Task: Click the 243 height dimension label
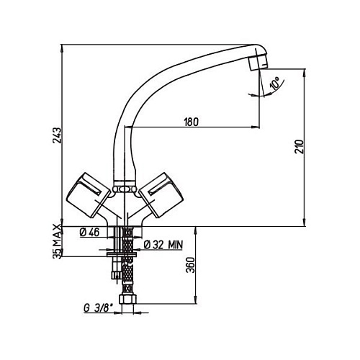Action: point(57,135)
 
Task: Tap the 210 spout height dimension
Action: point(300,146)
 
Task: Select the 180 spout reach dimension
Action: point(192,122)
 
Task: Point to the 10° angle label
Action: point(275,84)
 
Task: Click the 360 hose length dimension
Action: point(191,265)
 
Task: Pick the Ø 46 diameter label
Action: point(89,233)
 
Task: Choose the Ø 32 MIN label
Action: point(163,245)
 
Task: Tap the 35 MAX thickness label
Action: point(57,241)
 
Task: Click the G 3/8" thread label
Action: point(98,308)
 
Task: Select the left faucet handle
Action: point(89,195)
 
